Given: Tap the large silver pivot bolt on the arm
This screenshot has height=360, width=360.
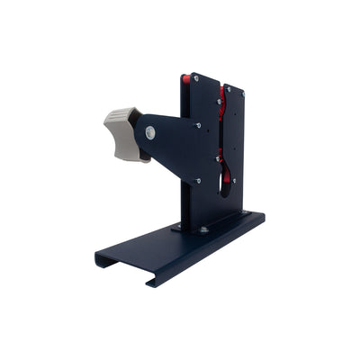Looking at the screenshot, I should click(x=150, y=133).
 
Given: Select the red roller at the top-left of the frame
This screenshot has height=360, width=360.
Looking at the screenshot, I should click(x=186, y=79).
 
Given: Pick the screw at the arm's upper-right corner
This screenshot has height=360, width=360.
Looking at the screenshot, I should click(x=199, y=124).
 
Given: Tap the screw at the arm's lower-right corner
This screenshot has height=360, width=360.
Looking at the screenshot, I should click(x=198, y=180).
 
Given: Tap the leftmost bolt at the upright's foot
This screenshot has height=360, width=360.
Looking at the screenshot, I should click(x=178, y=225).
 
